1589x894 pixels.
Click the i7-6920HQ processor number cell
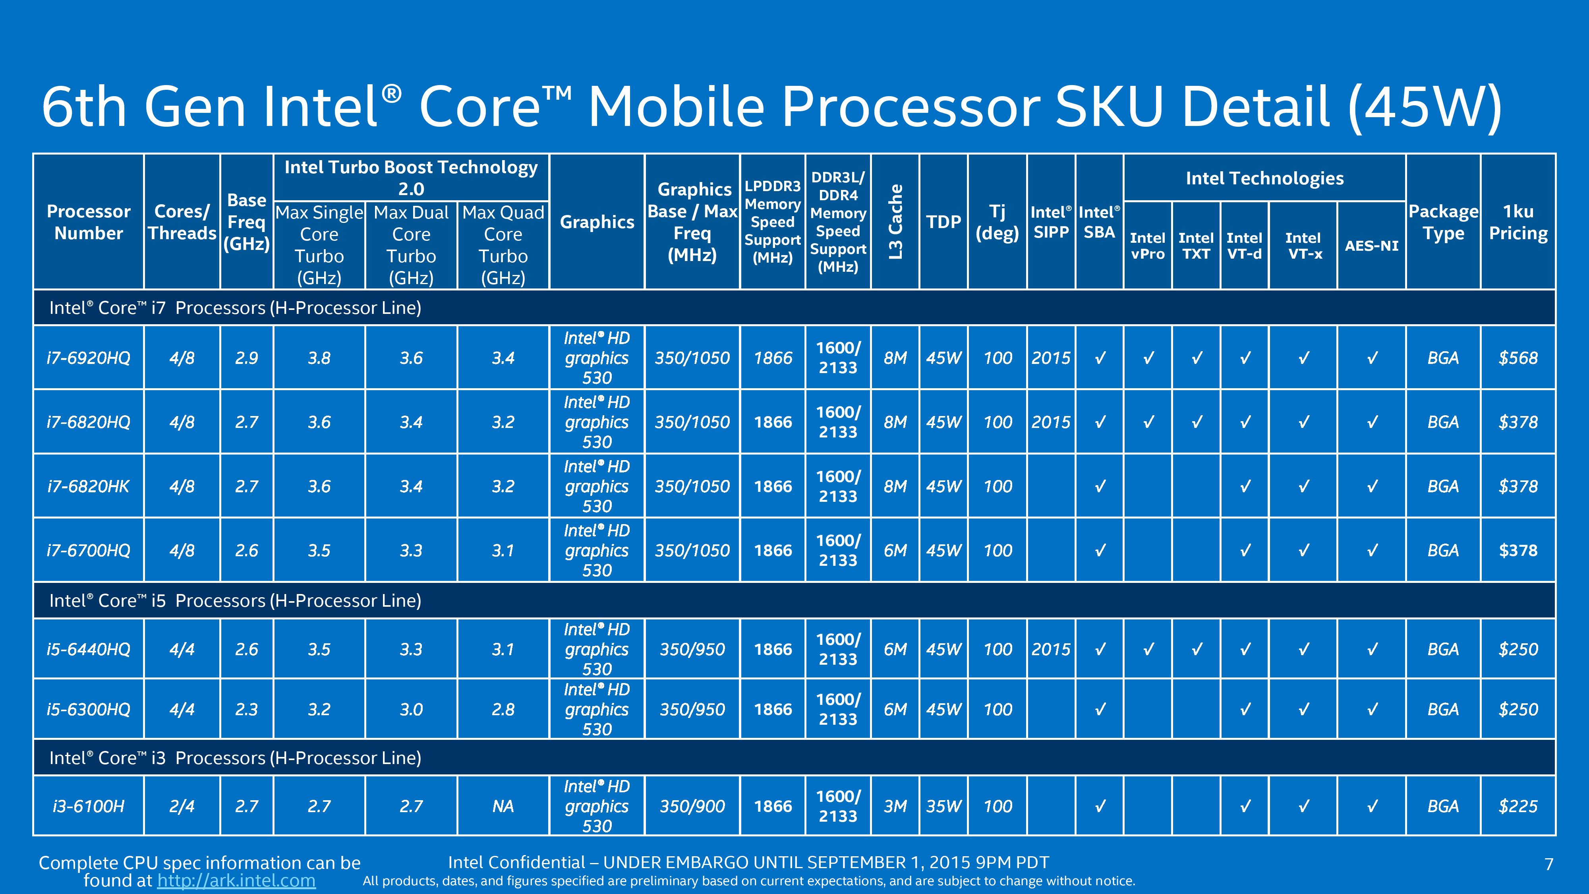[88, 358]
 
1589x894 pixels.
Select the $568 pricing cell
[1518, 358]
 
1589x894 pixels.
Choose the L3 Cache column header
[895, 221]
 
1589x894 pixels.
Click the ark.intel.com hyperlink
[236, 880]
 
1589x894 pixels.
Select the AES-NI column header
[1371, 246]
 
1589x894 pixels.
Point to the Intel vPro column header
[1147, 246]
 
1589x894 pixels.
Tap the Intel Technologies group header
[1264, 178]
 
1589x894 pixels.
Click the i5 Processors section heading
[235, 600]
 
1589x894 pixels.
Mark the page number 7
[1548, 864]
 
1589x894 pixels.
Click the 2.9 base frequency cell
[247, 358]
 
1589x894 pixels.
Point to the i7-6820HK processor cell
[88, 486]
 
